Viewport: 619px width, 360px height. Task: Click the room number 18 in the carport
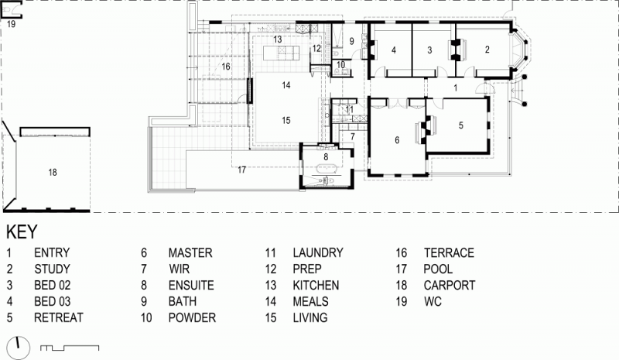click(53, 173)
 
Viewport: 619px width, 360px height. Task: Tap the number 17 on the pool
click(241, 170)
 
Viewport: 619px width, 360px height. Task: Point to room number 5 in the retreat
click(460, 125)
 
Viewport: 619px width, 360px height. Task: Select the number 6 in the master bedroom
click(397, 140)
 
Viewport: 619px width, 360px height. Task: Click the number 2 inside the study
click(487, 50)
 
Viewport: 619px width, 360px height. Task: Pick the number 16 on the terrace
click(226, 67)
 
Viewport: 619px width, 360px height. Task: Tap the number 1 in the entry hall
click(456, 87)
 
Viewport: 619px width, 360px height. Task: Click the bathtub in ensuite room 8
click(326, 169)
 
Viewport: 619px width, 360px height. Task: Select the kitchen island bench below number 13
click(281, 53)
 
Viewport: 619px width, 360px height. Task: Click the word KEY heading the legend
click(22, 232)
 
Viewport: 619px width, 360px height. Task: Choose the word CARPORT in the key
click(450, 286)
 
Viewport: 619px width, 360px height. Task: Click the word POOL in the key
click(438, 269)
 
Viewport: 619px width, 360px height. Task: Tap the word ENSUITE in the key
click(191, 286)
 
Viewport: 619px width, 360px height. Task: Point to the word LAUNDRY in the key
click(318, 253)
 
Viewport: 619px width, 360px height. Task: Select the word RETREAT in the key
click(59, 317)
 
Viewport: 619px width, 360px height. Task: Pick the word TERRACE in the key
click(449, 253)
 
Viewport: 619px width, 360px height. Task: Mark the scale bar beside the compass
click(70, 348)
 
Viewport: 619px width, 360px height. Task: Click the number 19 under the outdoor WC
click(11, 24)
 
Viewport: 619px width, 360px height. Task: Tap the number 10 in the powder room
click(340, 64)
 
